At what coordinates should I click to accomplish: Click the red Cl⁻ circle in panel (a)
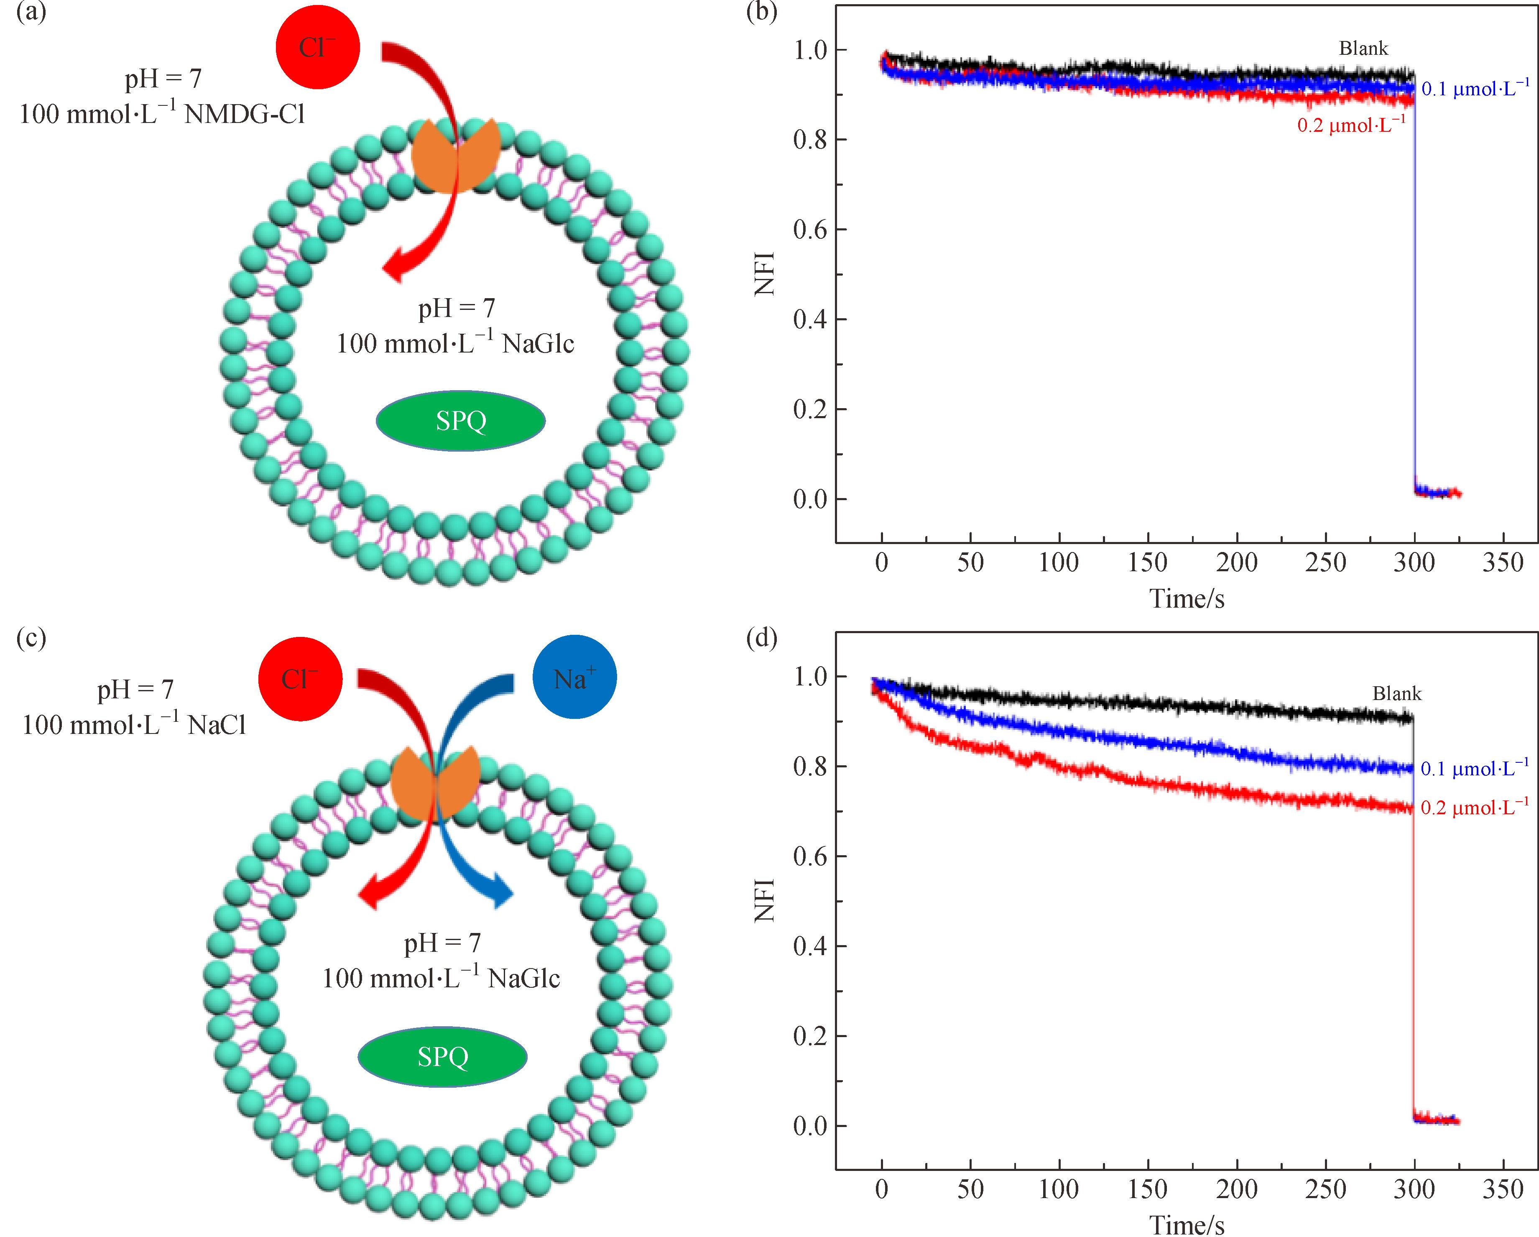(x=318, y=47)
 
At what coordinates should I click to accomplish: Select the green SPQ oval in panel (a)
(x=460, y=420)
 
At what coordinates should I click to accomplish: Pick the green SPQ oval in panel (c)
(x=443, y=1056)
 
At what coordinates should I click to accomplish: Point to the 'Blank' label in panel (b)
(x=1363, y=49)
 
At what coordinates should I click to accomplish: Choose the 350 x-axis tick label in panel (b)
(x=1503, y=562)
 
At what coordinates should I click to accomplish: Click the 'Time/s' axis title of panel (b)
(x=1187, y=598)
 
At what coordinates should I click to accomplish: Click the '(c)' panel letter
(x=31, y=637)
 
